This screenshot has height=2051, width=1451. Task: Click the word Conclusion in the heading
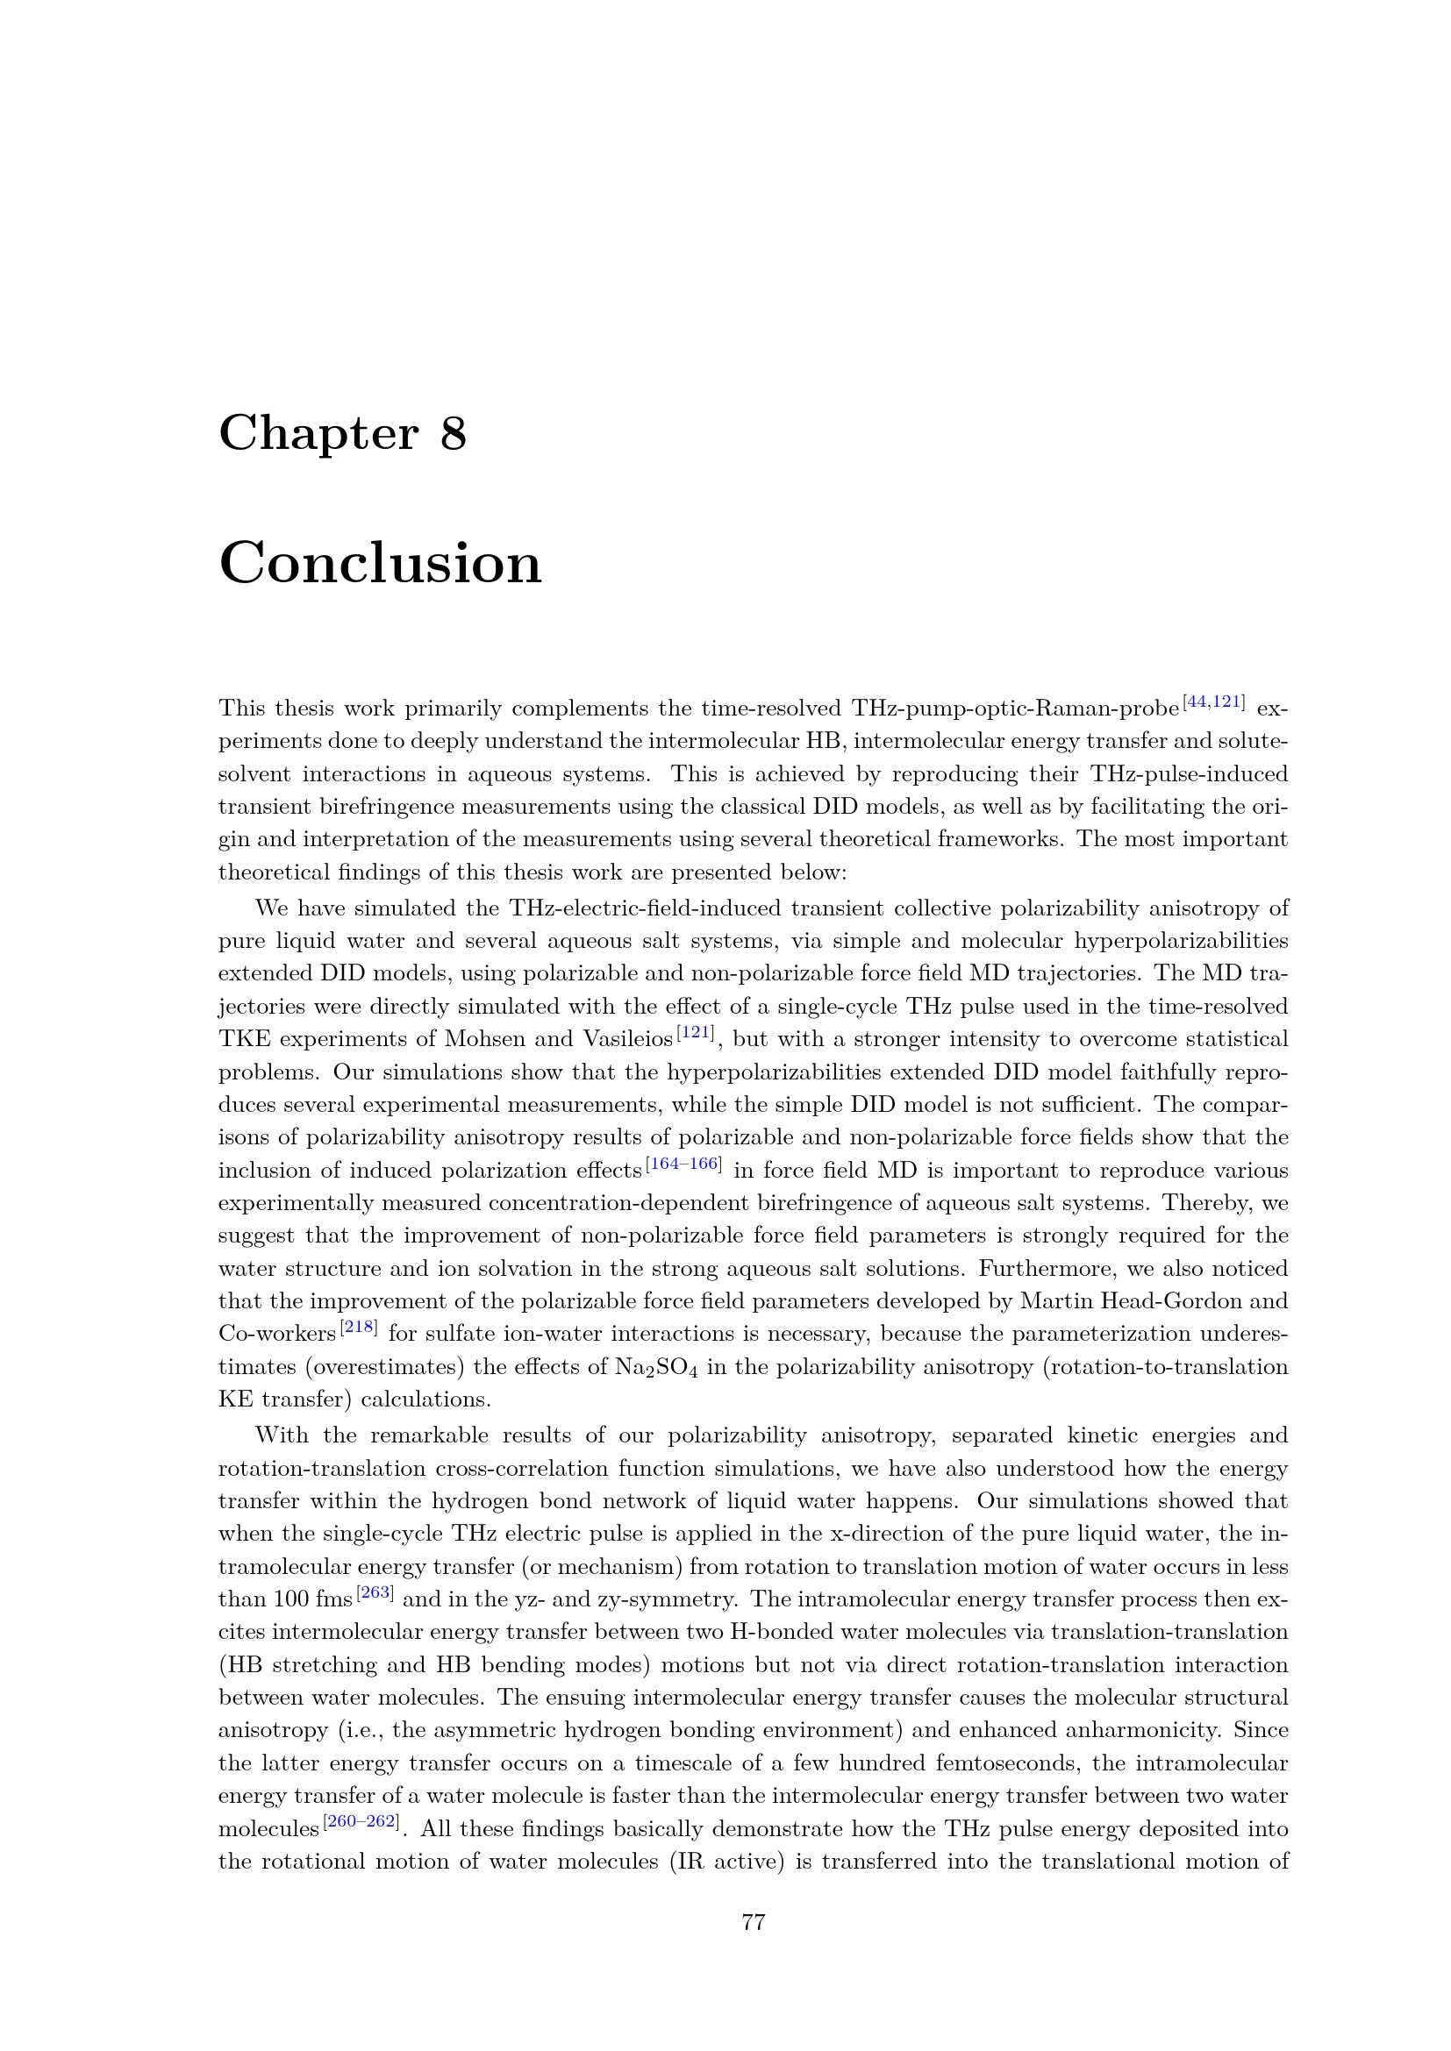pyautogui.click(x=380, y=564)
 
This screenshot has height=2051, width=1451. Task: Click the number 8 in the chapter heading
pyautogui.click(x=453, y=434)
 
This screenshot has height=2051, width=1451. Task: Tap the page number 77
pyautogui.click(x=754, y=1921)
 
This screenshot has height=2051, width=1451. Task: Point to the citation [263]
pyautogui.click(x=375, y=1592)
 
